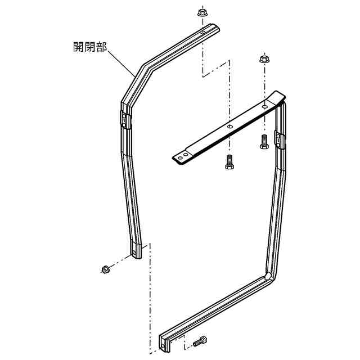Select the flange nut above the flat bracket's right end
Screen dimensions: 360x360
263,59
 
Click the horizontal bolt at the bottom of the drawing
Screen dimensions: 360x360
200,341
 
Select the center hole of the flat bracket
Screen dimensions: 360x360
229,128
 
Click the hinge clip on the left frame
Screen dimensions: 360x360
125,119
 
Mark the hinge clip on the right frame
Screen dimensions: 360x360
278,138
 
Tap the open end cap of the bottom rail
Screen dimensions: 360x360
164,344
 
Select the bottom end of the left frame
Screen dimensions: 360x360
138,251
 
